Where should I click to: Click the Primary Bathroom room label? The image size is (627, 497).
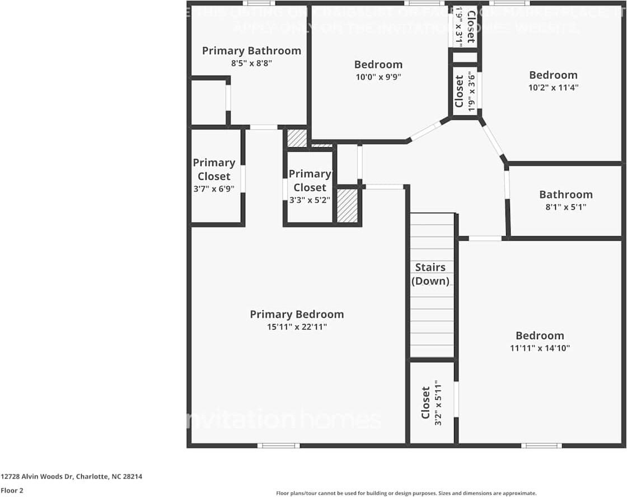click(x=251, y=51)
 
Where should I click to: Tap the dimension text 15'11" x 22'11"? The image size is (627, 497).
click(x=297, y=327)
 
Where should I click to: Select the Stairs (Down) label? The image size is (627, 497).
click(x=430, y=274)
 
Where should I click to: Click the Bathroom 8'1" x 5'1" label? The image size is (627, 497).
click(x=565, y=195)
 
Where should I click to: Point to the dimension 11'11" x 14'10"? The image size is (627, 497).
click(x=540, y=348)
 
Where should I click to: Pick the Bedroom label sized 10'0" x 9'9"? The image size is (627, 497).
click(x=378, y=64)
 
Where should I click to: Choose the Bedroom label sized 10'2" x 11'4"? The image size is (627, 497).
click(x=553, y=75)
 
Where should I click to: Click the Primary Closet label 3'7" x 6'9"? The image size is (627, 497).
click(x=214, y=169)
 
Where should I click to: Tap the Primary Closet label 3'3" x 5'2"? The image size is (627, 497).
click(x=310, y=180)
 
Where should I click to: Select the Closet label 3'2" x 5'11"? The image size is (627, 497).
click(x=425, y=402)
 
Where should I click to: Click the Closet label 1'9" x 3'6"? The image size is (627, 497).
click(x=460, y=92)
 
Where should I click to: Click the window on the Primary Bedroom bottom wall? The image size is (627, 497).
click(x=278, y=446)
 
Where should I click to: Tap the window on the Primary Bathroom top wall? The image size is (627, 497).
click(x=258, y=3)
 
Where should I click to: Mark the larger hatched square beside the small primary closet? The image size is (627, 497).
click(x=347, y=205)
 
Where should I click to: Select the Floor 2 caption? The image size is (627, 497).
click(x=12, y=490)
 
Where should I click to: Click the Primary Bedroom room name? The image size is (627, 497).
click(x=297, y=315)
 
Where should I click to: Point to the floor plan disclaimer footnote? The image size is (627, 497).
click(x=406, y=493)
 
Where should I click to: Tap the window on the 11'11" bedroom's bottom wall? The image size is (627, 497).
click(x=541, y=446)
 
